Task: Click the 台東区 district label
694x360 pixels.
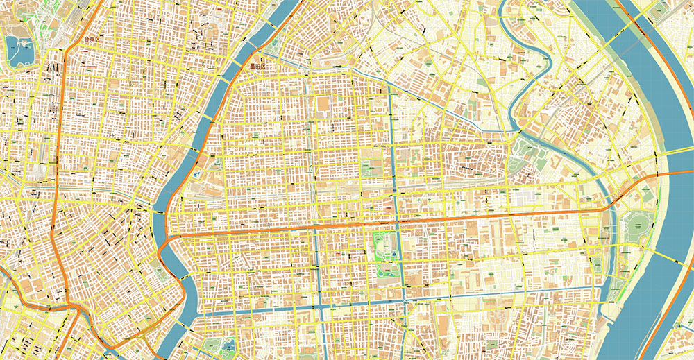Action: (92, 40)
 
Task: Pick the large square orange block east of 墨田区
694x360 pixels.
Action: (323, 105)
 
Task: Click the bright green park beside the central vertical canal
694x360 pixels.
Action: (384, 246)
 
